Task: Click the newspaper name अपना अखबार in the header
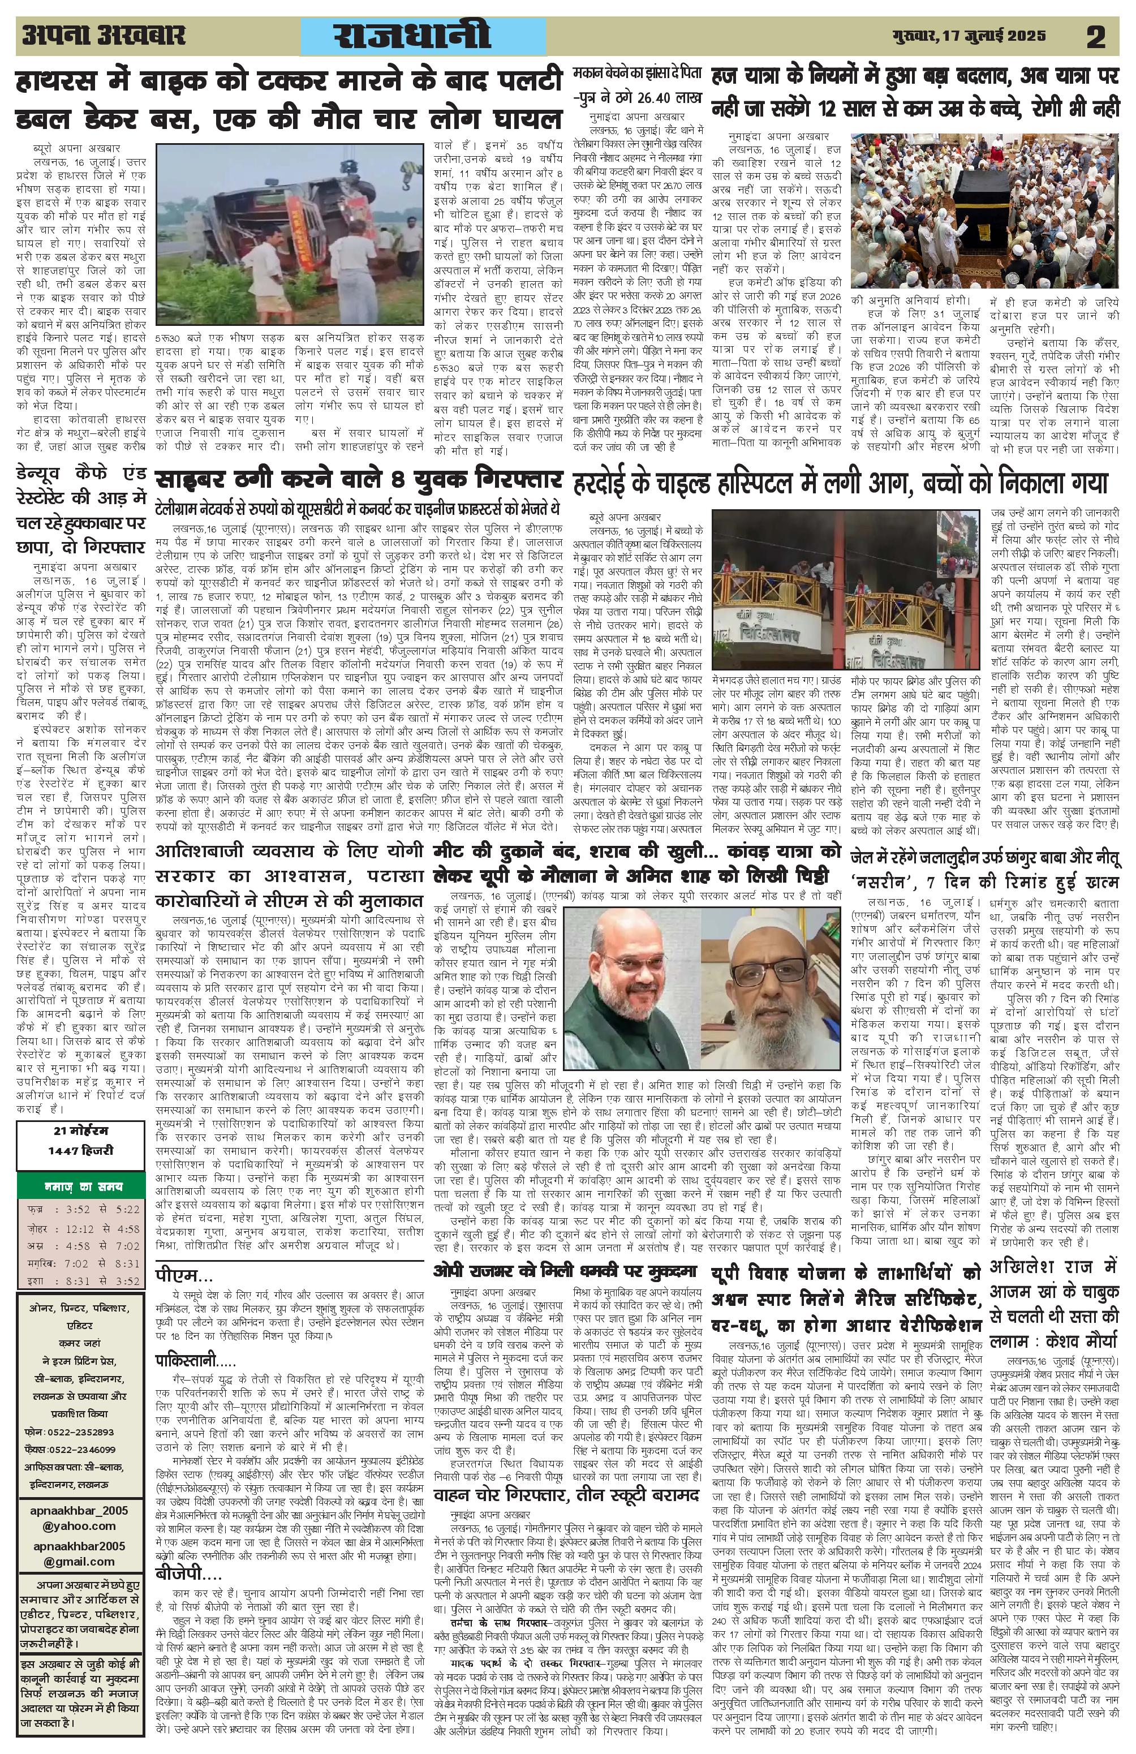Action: [103, 36]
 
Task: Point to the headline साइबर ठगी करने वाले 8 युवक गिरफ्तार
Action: [359, 480]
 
